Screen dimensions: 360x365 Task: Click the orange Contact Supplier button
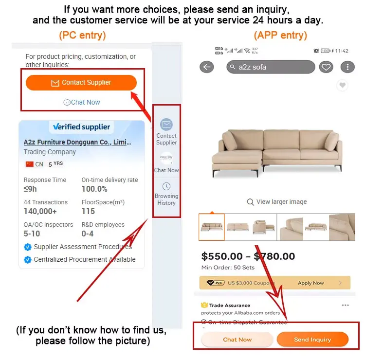point(81,83)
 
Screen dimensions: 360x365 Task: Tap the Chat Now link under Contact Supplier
point(82,102)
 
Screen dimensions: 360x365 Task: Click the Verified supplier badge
point(81,127)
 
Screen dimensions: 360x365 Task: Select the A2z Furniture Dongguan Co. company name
point(77,142)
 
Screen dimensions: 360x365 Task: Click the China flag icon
point(30,164)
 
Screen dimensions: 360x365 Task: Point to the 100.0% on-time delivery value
point(94,189)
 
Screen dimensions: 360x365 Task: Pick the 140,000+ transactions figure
point(40,211)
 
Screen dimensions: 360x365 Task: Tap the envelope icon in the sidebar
point(166,125)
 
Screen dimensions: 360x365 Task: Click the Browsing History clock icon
point(166,186)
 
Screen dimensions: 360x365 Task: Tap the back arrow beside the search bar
point(207,67)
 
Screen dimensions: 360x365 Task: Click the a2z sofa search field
point(271,67)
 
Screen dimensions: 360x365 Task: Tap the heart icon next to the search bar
point(326,67)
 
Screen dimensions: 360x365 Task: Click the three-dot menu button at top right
point(347,67)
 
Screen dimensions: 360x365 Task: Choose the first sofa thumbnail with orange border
point(212,227)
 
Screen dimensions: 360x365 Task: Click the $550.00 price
point(222,256)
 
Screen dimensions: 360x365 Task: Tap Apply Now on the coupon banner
point(311,283)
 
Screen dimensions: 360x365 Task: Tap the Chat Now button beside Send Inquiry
point(237,340)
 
